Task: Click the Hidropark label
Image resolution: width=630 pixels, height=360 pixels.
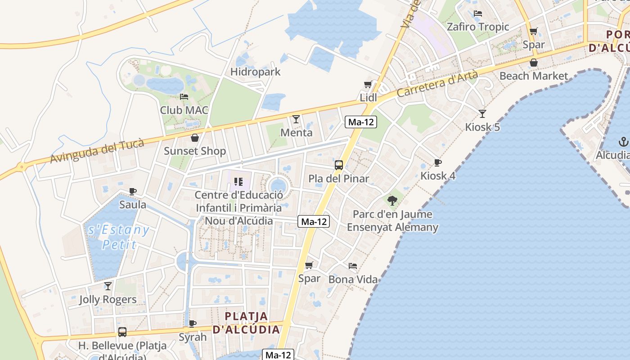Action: (255, 72)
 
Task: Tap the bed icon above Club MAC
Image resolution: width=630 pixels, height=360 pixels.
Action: (184, 97)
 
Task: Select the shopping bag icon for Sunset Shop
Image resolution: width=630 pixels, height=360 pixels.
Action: (195, 138)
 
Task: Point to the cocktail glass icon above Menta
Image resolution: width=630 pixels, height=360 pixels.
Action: (296, 119)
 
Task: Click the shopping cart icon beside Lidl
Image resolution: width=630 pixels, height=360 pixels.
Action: (368, 85)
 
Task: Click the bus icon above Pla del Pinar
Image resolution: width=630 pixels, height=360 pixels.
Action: (339, 165)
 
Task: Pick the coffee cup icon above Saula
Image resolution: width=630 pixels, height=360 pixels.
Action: (133, 192)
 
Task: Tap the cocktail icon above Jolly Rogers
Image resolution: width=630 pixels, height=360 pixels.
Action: (108, 286)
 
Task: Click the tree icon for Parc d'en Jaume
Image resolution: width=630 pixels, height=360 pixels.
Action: (392, 201)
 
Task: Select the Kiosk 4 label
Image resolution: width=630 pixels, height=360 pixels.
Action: (438, 175)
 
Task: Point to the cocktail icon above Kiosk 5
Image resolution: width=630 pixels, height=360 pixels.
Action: (482, 114)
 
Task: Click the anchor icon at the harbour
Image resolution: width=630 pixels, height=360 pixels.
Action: (623, 142)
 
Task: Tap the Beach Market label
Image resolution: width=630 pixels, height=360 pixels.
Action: (534, 76)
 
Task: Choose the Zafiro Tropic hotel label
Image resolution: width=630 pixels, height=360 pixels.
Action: (478, 27)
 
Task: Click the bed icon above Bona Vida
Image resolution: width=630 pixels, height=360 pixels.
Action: (353, 266)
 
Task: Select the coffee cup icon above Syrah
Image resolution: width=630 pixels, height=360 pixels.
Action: (193, 324)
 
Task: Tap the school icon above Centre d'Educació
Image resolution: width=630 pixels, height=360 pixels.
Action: (238, 182)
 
